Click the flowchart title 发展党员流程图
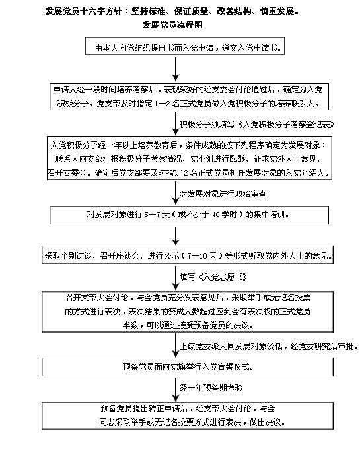tap(172, 24)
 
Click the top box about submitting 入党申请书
tap(185, 46)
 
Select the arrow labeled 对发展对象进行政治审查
tap(176, 193)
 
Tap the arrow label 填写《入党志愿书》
tap(213, 277)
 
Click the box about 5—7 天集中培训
tap(189, 214)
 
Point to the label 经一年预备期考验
tap(211, 388)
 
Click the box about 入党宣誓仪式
tap(188, 367)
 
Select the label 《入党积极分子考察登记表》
tap(286, 125)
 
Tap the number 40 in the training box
tap(216, 214)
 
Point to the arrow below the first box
tap(176, 69)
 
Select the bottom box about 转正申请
tap(188, 416)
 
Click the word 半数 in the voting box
tap(130, 325)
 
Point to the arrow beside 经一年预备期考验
tap(176, 389)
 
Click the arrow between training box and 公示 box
tap(176, 236)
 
